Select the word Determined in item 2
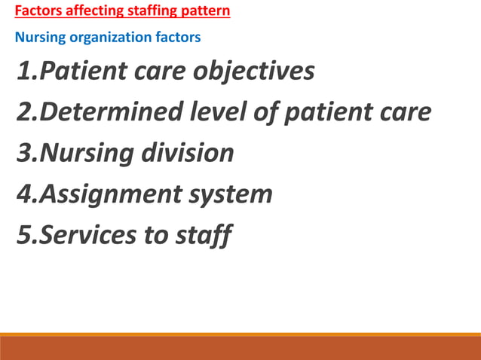pos(109,113)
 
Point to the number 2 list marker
pos(23,113)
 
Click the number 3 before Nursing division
pos(23,154)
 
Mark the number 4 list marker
pos(23,194)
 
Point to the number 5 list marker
pos(23,235)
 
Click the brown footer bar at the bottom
pos(240,348)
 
